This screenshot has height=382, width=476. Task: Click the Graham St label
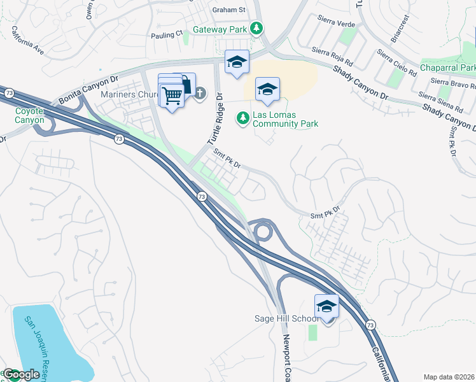[x=228, y=10]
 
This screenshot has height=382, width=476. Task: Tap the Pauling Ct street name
[x=166, y=33]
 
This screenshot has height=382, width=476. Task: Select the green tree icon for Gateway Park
[x=256, y=28]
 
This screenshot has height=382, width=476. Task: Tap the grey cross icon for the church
[x=200, y=94]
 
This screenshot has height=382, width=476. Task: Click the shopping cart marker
[x=172, y=96]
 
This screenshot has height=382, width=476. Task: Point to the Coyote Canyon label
[x=29, y=115]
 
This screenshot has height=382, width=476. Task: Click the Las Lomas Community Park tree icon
[x=242, y=118]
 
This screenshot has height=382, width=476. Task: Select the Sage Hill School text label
[x=293, y=318]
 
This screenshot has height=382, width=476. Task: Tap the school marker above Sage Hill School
[x=326, y=306]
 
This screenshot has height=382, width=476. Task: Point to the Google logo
[x=21, y=374]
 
